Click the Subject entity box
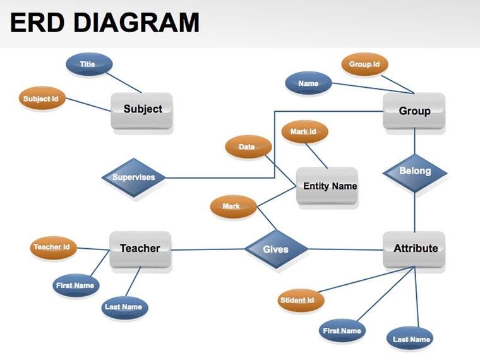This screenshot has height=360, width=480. pyautogui.click(x=142, y=110)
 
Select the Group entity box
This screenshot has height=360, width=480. pyautogui.click(x=414, y=111)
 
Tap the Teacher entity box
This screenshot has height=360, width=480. pyautogui.click(x=140, y=249)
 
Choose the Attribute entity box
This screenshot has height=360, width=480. pyautogui.click(x=414, y=249)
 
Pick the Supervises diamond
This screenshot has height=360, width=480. pyautogui.click(x=134, y=177)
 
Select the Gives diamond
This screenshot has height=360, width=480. pyautogui.click(x=275, y=249)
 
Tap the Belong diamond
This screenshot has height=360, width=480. pyautogui.click(x=415, y=171)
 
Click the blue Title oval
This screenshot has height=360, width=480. pyautogui.click(x=88, y=64)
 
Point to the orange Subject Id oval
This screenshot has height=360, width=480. pyautogui.click(x=42, y=99)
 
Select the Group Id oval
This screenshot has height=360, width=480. pyautogui.click(x=364, y=64)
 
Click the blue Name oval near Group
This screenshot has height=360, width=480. pyautogui.click(x=308, y=83)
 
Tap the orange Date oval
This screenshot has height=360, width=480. pyautogui.click(x=248, y=147)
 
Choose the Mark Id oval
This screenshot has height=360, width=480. pyautogui.click(x=304, y=132)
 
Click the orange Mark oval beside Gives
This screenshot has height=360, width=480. pyautogui.click(x=232, y=207)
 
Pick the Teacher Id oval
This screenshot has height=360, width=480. pyautogui.click(x=52, y=247)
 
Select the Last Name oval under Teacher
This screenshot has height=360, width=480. pyautogui.click(x=124, y=307)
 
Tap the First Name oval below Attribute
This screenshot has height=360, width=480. pyautogui.click(x=342, y=330)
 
